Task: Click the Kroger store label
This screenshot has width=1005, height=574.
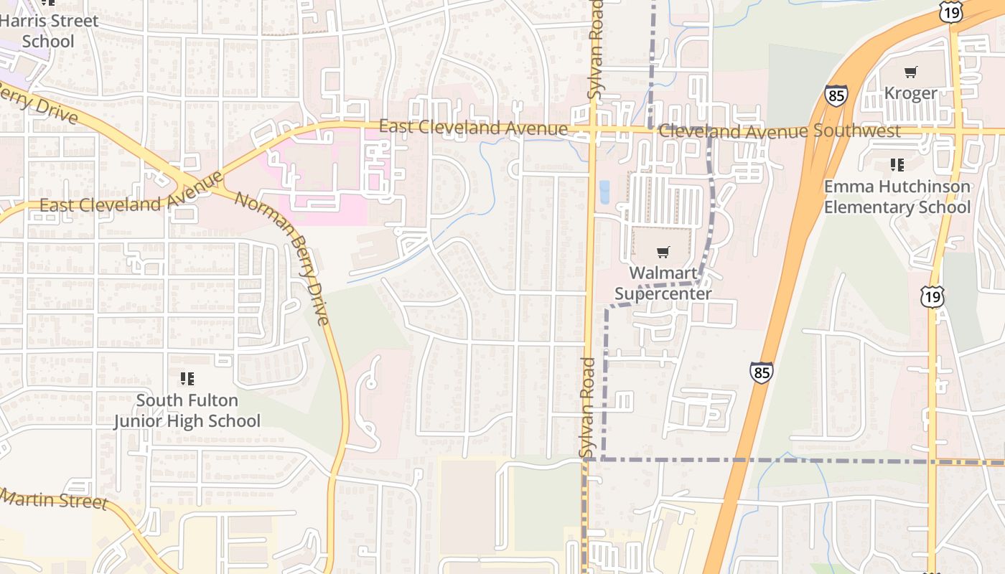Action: [910, 93]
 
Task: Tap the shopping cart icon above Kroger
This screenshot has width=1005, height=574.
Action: [910, 72]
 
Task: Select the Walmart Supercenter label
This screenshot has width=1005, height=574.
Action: [663, 283]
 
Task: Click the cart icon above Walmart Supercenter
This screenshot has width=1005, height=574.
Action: [663, 252]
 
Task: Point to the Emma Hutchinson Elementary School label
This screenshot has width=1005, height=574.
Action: [897, 197]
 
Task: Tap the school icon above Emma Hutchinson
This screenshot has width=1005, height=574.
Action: [897, 166]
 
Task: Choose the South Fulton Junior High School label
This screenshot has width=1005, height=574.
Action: [187, 410]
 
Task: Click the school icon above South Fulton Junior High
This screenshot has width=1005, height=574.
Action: [187, 378]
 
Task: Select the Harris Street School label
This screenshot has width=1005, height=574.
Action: [48, 31]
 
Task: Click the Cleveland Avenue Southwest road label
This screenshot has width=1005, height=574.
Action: [779, 131]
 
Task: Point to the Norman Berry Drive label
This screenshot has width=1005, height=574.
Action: [284, 258]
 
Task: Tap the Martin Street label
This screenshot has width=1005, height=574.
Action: [54, 498]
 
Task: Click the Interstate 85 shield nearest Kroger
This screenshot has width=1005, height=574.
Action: [836, 95]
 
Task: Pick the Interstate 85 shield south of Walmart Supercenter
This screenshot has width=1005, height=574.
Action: [762, 372]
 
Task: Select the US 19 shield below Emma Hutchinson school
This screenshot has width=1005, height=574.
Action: [935, 297]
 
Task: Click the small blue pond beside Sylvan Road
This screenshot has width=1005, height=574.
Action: [604, 192]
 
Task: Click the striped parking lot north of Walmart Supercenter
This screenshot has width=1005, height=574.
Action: [666, 200]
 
